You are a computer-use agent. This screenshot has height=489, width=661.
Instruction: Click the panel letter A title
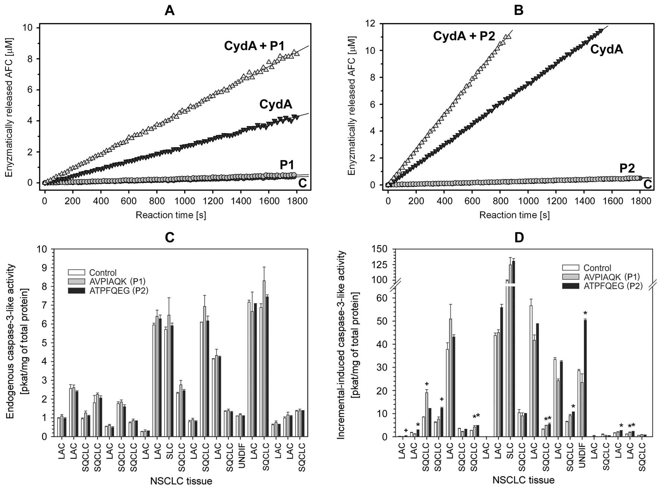click(170, 10)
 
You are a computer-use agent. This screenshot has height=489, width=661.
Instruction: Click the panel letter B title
click(519, 10)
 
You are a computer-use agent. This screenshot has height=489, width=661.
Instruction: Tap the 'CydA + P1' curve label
click(254, 46)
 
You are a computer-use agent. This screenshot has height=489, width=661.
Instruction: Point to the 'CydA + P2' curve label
click(464, 36)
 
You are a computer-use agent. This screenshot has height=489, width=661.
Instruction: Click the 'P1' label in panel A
click(288, 165)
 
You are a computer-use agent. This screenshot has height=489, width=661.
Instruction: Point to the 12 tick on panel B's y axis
click(375, 24)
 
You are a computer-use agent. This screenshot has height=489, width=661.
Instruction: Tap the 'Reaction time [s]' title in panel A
click(171, 215)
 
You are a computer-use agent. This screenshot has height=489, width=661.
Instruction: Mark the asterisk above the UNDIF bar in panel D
click(585, 313)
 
